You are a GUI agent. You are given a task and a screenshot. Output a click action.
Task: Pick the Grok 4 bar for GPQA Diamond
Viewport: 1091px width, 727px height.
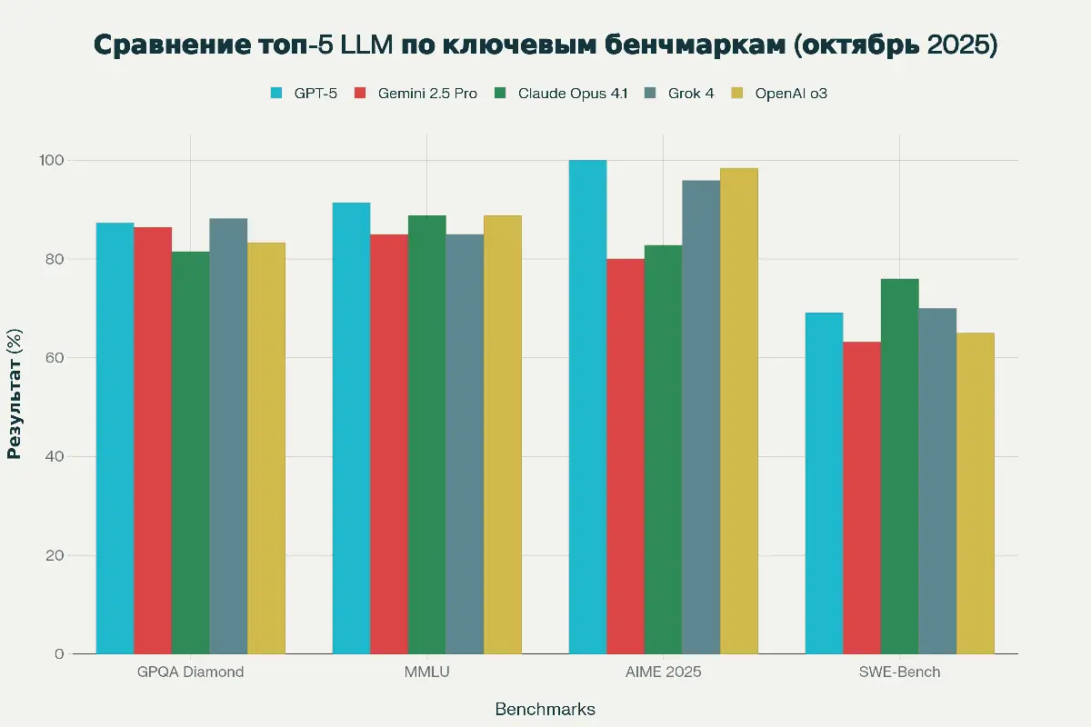(x=228, y=436)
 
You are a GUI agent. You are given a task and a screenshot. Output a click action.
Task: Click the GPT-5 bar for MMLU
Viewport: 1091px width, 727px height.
(x=351, y=428)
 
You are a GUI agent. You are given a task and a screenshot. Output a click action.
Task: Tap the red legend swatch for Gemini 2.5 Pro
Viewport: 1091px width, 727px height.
(x=361, y=93)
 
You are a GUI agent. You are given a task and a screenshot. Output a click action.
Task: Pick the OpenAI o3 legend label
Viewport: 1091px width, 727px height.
(x=791, y=93)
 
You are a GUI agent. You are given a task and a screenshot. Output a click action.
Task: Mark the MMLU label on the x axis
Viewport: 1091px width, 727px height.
(x=426, y=672)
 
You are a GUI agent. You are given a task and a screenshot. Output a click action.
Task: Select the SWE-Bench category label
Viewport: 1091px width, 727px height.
(x=899, y=672)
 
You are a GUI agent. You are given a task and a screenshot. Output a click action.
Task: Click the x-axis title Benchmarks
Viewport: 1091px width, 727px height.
(x=545, y=709)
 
